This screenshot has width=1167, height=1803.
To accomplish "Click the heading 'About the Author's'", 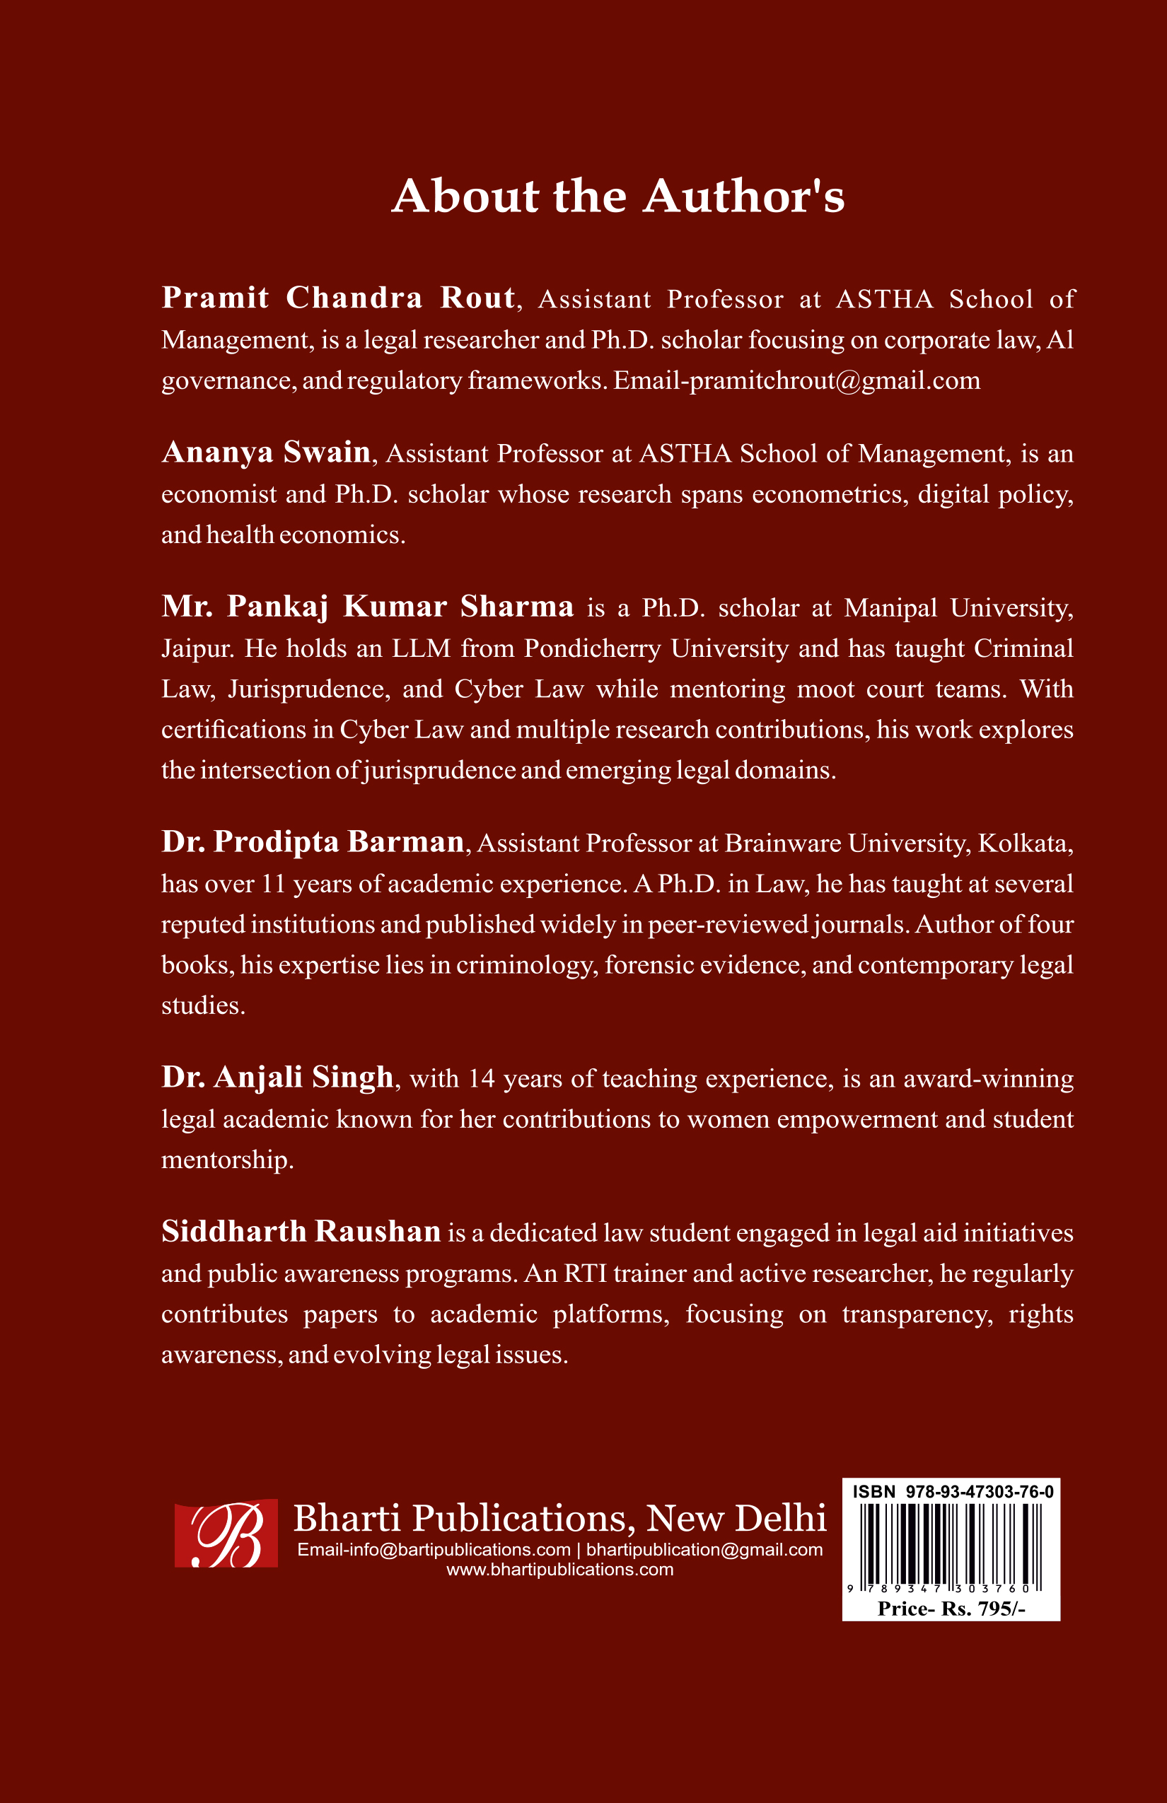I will point(617,197).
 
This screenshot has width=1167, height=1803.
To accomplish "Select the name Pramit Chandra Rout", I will point(338,298).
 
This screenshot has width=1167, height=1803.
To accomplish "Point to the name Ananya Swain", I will point(266,453).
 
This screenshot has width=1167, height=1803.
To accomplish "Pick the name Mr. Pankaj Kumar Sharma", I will point(368,607).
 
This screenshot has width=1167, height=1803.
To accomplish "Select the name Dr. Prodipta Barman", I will point(313,842).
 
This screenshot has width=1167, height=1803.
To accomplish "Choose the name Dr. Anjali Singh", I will point(277,1078).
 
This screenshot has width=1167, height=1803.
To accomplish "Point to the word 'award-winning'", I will point(988,1078).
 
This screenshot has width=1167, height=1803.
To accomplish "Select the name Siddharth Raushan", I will point(301,1232).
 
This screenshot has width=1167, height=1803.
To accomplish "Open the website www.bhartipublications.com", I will point(559,1570).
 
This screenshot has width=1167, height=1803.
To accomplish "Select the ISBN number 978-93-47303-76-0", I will point(979,1492).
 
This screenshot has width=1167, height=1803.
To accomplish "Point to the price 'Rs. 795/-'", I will point(983,1609).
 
